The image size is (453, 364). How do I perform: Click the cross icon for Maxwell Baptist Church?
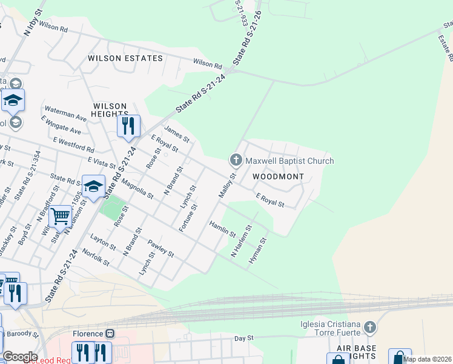[x=236, y=161]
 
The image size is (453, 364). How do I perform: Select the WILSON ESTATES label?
[x=125, y=58]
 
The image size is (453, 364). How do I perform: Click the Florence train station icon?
[x=110, y=334]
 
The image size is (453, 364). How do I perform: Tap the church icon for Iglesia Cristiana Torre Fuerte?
[x=370, y=328]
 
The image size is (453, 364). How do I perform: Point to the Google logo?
[x=20, y=357]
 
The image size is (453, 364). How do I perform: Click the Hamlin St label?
[x=222, y=229]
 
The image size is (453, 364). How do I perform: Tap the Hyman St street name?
[x=258, y=251]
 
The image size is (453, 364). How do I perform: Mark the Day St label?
[x=243, y=337]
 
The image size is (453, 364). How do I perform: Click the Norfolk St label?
[x=96, y=258]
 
